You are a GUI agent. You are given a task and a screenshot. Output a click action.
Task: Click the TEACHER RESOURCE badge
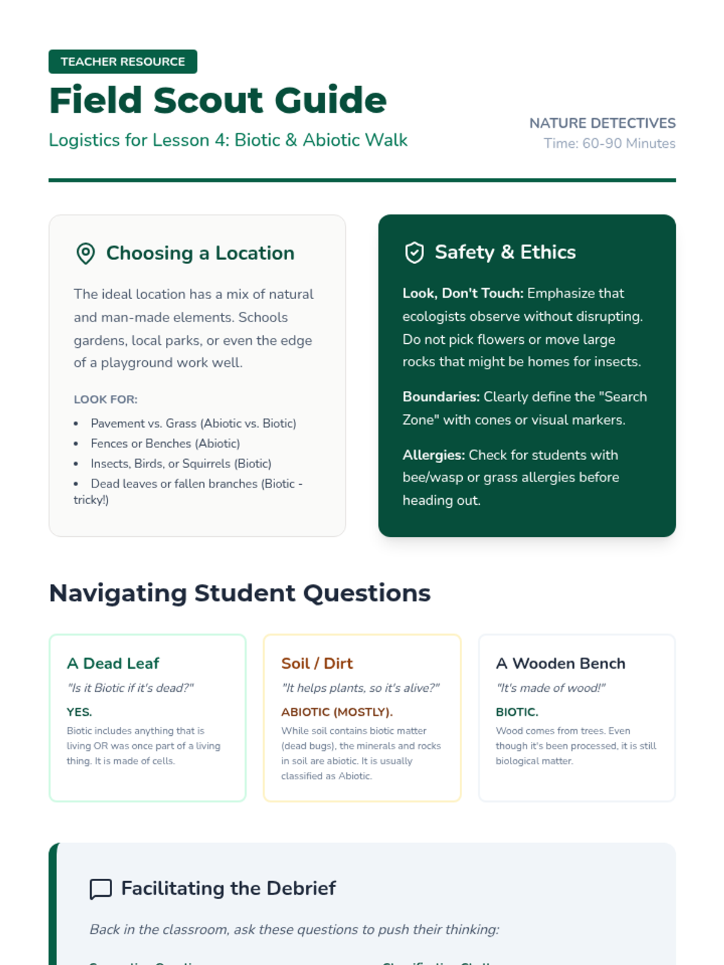pos(122,62)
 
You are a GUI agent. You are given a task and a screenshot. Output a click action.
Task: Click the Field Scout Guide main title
pos(217,100)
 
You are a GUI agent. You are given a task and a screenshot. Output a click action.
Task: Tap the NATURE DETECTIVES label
pos(602,123)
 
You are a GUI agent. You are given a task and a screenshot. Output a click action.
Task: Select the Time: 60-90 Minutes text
pos(609,144)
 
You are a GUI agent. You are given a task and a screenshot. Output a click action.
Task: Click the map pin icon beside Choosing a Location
pos(86,253)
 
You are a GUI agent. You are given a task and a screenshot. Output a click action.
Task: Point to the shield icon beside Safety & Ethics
pos(414,253)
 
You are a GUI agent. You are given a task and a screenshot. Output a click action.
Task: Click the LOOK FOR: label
pos(106,399)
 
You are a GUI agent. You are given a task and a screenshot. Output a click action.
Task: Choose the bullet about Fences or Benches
pos(165,443)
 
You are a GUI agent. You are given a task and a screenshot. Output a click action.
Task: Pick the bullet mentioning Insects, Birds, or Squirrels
pos(180,463)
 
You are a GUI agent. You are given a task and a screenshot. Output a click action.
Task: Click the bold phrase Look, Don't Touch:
pos(463,293)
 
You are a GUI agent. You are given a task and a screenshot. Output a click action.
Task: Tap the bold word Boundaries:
pos(441,397)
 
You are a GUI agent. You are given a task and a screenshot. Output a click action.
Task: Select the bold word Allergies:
pos(434,455)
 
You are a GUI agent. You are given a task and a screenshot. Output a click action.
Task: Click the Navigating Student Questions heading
pos(240,593)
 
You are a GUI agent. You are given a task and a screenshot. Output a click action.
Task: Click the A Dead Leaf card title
pos(113,663)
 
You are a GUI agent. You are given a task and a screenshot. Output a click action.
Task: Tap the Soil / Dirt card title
pos(317,663)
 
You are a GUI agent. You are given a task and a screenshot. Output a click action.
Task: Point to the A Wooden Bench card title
pos(560,663)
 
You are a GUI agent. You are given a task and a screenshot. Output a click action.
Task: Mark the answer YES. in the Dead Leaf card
pos(79,712)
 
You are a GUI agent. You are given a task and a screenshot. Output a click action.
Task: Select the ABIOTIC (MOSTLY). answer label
pos(337,712)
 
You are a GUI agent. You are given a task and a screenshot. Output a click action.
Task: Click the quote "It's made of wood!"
pos(550,688)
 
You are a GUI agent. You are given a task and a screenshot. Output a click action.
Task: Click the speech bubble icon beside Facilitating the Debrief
pos(101,889)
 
